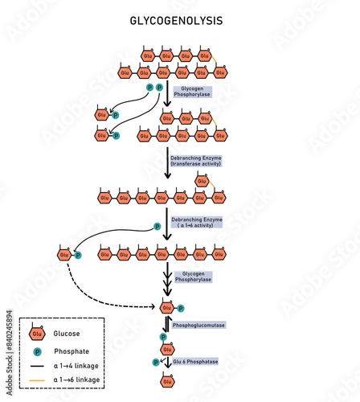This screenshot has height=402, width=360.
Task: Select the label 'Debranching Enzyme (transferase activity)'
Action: pos(195,160)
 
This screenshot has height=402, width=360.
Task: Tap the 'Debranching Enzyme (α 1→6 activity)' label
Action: pos(196,222)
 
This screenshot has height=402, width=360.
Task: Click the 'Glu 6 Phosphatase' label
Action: pos(196,362)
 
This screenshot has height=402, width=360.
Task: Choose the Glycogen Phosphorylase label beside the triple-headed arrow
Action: pos(193,277)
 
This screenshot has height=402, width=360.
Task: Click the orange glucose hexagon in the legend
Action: pos(37,334)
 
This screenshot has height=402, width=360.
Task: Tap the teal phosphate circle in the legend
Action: pos(37,351)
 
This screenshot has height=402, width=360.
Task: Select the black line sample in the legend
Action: pos(37,366)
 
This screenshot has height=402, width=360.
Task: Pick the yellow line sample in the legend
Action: pos(37,379)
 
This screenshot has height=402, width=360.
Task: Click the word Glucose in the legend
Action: pos(66,334)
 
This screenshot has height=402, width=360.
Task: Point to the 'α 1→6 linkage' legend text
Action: pos(77,379)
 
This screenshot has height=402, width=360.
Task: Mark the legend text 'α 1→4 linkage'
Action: pos(77,366)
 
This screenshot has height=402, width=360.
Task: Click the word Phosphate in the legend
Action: pos(71,351)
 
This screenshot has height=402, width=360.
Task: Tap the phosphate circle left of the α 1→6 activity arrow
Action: pos(157,227)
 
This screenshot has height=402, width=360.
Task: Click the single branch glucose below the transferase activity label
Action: pos(202,181)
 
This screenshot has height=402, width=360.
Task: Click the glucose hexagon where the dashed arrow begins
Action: pos(64,255)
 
